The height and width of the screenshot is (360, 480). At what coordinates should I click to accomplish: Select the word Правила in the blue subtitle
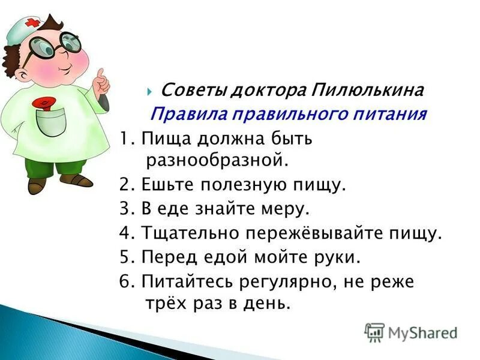point(179,114)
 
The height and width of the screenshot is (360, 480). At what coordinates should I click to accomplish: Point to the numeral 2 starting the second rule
point(123,184)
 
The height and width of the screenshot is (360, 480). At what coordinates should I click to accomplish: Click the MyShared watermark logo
point(411,332)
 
